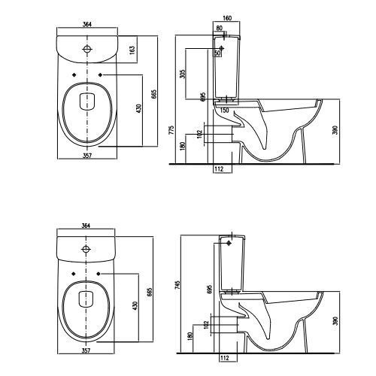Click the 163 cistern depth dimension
tap(132, 49)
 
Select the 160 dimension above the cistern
tap(227, 18)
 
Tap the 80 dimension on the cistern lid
tap(219, 28)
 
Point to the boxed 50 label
tap(217, 53)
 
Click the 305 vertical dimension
tap(183, 74)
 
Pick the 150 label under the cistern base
tap(224, 111)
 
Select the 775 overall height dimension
tap(171, 130)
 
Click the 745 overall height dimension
tap(177, 286)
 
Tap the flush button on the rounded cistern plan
tap(87, 49)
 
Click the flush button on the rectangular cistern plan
tap(86, 249)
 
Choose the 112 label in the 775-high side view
tap(219, 169)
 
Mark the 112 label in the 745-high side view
tap(225, 358)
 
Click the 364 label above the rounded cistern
tap(87, 25)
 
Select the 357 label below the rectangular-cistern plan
tap(86, 350)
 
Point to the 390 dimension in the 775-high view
tap(335, 130)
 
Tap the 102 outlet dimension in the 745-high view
tap(206, 325)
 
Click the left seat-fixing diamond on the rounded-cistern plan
tap(74, 74)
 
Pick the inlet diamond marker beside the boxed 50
tap(221, 48)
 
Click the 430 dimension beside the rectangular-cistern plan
tap(135, 306)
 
